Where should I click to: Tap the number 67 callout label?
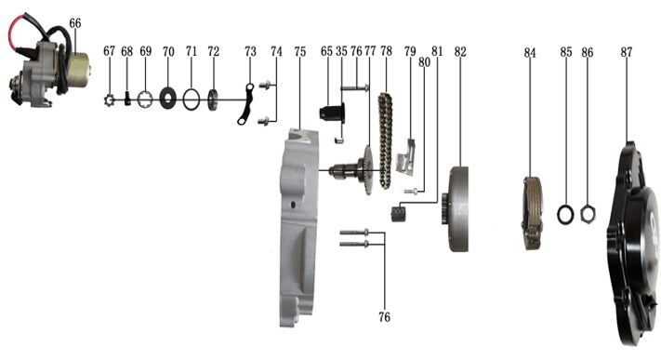[110, 50]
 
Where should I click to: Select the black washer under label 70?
[168, 96]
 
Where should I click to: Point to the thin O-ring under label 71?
[192, 96]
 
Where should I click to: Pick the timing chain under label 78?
[385, 140]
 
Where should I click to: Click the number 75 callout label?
[299, 50]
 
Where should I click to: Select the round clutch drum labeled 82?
[459, 208]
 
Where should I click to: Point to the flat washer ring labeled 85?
[564, 214]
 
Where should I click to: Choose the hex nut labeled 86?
[588, 214]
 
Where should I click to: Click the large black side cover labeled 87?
[632, 251]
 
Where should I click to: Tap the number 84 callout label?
[530, 53]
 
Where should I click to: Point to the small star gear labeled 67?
[109, 99]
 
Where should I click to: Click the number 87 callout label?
[627, 53]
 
